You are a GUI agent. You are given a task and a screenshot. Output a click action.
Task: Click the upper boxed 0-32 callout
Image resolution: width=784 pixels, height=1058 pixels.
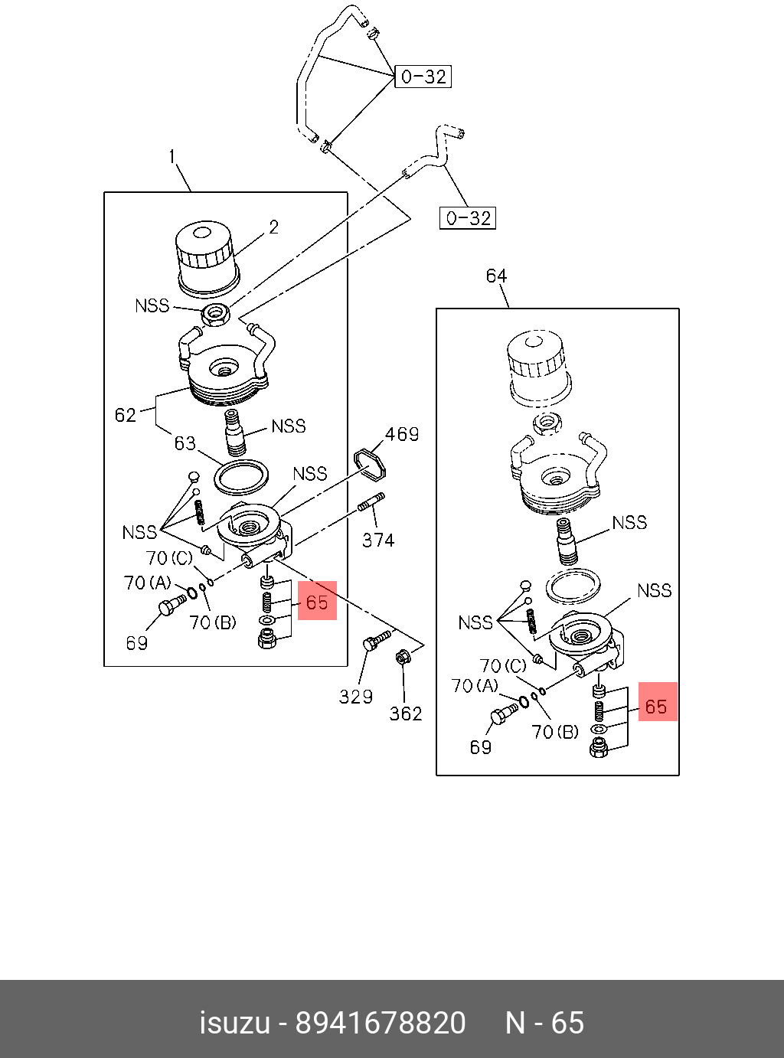click(423, 77)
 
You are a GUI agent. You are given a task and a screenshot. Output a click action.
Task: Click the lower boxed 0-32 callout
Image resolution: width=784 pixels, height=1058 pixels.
click(468, 218)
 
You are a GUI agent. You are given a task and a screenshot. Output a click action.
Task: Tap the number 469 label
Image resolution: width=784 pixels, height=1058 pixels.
click(402, 435)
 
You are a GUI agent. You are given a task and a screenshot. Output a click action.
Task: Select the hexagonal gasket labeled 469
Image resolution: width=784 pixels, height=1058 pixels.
click(371, 463)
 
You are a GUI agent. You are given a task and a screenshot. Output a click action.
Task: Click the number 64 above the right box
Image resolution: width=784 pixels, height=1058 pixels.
click(496, 276)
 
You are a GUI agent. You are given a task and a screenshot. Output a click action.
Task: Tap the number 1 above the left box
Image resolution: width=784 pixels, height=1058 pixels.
click(172, 157)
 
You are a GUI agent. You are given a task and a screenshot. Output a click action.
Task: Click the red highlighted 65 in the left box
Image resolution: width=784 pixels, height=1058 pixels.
click(317, 602)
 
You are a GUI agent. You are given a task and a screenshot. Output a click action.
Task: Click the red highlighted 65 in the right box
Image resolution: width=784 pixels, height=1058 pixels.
click(657, 706)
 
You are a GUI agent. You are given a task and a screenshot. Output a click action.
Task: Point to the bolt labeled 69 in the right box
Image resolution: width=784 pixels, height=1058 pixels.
click(502, 715)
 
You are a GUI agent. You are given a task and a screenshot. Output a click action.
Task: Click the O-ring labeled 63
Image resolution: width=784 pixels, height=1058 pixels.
click(241, 477)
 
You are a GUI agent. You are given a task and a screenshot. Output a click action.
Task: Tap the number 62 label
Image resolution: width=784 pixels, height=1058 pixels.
click(125, 415)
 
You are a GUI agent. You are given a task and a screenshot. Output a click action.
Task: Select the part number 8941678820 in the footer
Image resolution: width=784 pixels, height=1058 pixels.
click(381, 1023)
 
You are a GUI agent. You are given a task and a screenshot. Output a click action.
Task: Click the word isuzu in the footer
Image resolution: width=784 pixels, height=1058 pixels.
click(234, 1023)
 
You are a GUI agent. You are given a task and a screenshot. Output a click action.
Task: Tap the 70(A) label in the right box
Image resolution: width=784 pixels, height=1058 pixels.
click(475, 686)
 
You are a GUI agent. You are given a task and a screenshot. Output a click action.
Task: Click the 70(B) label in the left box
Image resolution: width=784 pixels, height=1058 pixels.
click(213, 622)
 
